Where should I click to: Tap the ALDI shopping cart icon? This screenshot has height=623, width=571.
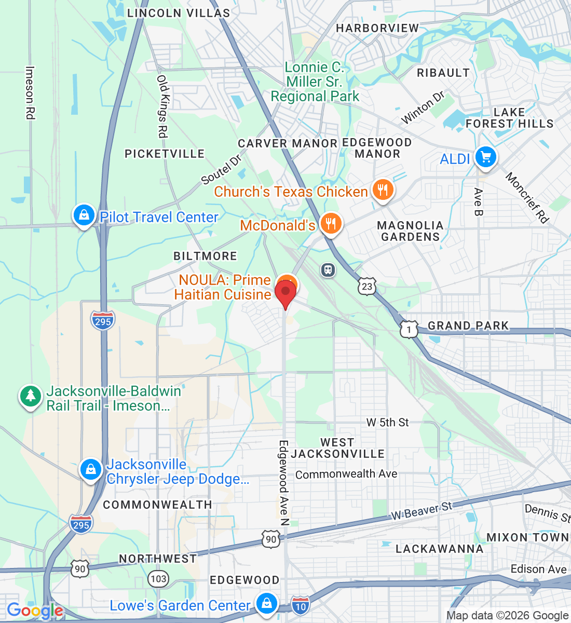tap(485, 157)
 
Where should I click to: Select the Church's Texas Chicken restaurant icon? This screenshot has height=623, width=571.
tap(383, 190)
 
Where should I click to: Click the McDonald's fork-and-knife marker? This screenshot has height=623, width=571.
tap(330, 224)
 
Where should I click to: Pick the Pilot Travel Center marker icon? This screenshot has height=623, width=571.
tap(84, 215)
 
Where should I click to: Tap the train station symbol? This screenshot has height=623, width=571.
tap(328, 270)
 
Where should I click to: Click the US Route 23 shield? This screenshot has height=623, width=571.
tap(367, 286)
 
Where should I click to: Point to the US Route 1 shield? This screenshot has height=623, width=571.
tap(409, 329)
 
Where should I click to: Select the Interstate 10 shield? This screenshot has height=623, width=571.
tap(300, 605)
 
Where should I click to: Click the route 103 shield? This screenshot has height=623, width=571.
tap(158, 579)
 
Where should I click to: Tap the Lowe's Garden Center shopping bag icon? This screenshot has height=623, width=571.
tap(266, 603)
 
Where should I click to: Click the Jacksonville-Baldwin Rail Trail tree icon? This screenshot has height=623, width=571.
tap(31, 396)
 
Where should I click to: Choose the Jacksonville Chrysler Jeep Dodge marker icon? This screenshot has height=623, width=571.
tap(91, 469)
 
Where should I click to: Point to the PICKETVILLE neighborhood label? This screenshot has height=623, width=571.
tap(165, 154)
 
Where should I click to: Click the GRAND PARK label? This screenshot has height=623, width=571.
tap(468, 326)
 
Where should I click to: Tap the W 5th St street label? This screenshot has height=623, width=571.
tap(387, 423)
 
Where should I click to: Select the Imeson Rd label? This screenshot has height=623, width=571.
tap(30, 93)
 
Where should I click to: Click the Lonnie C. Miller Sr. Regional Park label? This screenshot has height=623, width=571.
tap(315, 82)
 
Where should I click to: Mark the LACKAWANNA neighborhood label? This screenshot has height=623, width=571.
tap(439, 549)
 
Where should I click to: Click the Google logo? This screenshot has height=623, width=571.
tap(34, 611)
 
